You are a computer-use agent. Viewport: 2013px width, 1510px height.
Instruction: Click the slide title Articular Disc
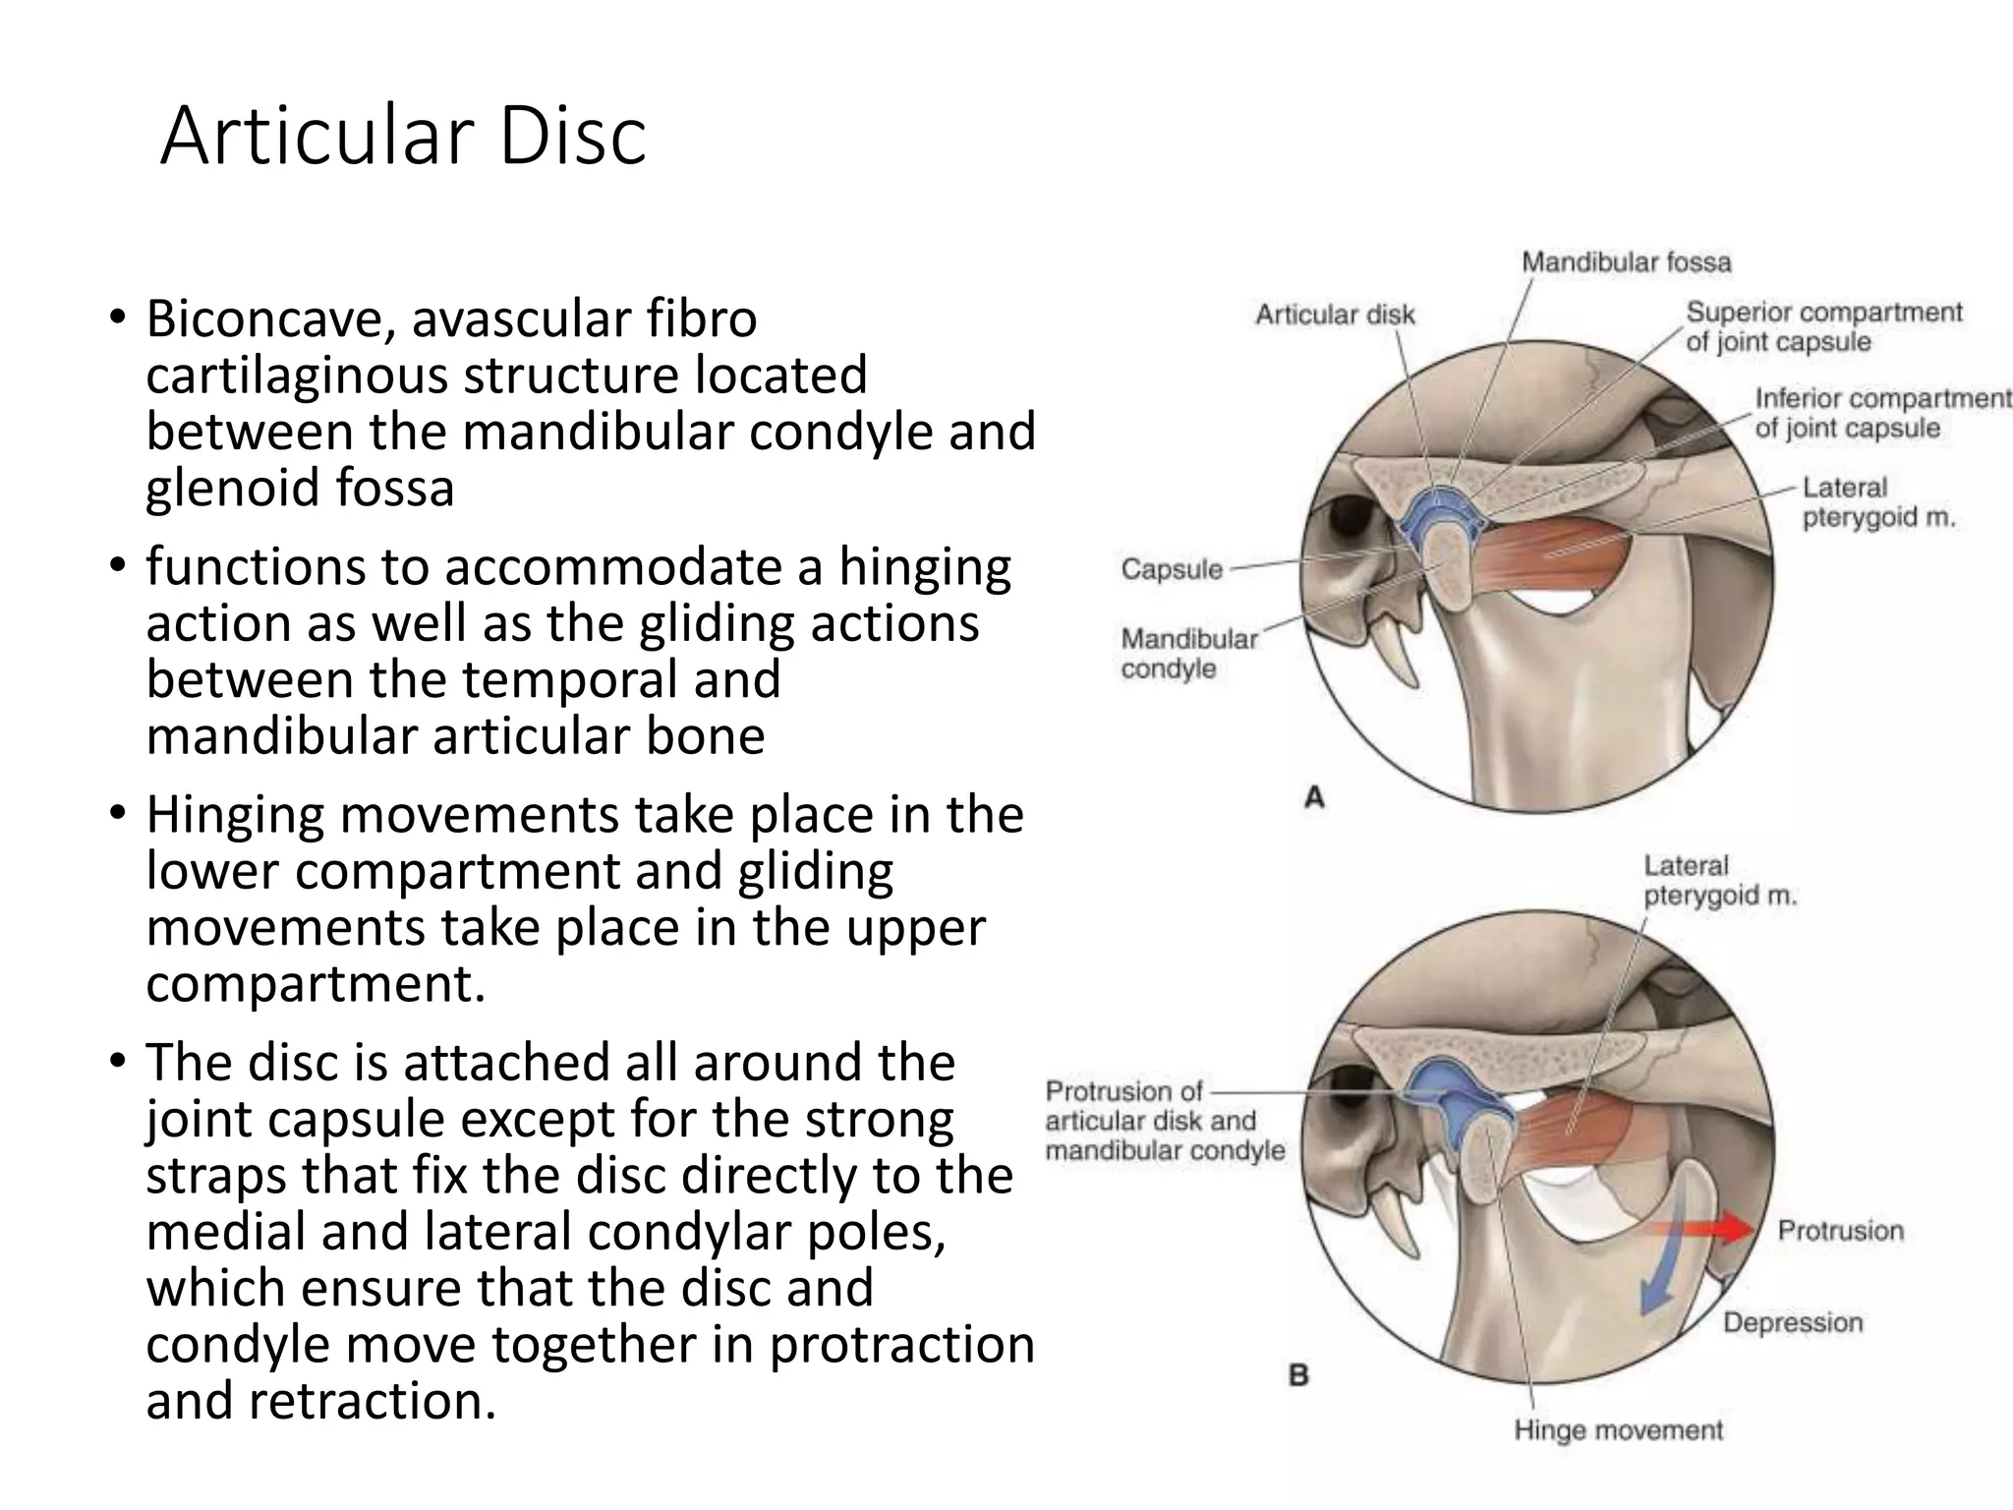tap(403, 136)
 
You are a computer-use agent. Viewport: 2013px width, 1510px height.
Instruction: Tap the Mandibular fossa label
tap(1626, 262)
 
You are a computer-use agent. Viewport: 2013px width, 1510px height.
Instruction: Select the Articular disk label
tap(1335, 315)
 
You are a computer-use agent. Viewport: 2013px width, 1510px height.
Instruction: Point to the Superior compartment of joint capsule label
tap(1823, 326)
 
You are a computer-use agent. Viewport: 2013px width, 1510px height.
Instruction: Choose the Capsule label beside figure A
tap(1172, 569)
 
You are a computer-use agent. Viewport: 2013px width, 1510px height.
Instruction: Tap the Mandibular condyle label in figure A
tap(1189, 654)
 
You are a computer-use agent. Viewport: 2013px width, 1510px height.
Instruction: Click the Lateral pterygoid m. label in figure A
tap(1877, 502)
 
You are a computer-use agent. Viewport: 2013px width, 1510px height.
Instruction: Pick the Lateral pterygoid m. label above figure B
tap(1719, 881)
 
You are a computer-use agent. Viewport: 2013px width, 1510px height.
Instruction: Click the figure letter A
tap(1314, 798)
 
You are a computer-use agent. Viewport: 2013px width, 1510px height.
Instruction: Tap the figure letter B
tap(1298, 1375)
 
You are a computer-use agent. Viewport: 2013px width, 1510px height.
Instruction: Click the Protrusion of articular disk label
tap(1164, 1121)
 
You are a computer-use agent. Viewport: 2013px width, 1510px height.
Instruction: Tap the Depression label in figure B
tap(1793, 1322)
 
